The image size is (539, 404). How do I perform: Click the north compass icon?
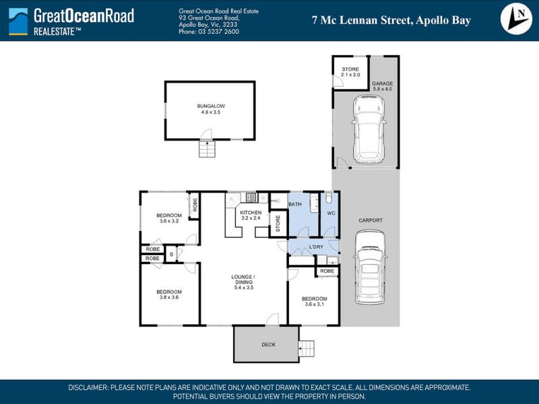tap(516, 20)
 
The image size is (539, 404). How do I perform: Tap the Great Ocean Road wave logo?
tap(18, 22)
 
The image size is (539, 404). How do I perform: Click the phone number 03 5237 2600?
tap(218, 32)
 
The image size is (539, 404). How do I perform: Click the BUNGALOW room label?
tap(211, 106)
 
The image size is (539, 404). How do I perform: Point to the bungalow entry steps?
tap(207, 149)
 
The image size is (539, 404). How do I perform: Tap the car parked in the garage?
tap(369, 129)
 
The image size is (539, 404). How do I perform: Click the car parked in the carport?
tap(370, 267)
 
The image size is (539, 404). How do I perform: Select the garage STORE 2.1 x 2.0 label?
tap(350, 72)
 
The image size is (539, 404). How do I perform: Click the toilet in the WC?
tap(329, 197)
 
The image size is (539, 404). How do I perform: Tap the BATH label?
tap(295, 204)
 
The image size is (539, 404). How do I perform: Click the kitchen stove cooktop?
tap(251, 197)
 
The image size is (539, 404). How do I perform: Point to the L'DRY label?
tap(316, 246)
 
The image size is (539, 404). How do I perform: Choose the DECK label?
tap(268, 345)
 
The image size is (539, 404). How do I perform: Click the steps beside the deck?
tap(307, 349)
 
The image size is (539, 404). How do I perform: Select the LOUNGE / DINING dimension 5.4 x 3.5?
tap(244, 288)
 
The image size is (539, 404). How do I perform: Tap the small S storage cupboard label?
tap(172, 255)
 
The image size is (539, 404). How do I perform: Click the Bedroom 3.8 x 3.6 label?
tap(169, 294)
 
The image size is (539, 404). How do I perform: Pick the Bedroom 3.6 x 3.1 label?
tap(314, 301)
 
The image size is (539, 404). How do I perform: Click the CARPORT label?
tap(371, 220)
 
